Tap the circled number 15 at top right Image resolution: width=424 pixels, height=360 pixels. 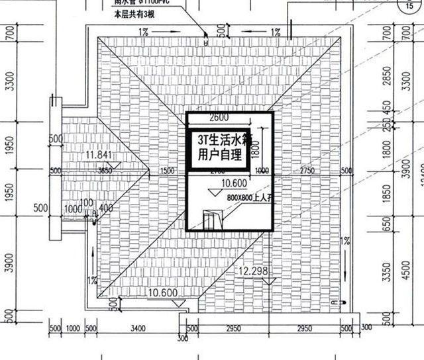click(408, 7)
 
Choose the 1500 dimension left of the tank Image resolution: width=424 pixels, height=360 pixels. click(167, 170)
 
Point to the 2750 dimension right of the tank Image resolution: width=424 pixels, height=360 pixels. click(306, 170)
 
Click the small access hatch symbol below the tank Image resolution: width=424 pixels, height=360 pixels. click(211, 220)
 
